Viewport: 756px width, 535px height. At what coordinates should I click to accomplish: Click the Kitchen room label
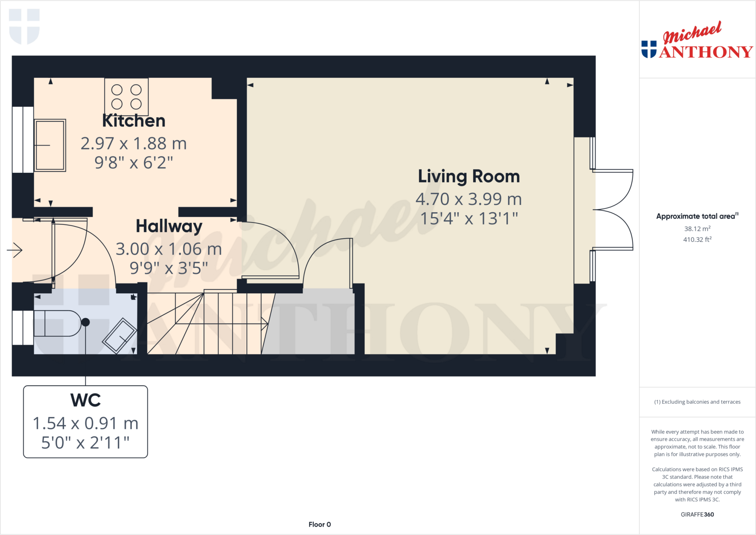134,121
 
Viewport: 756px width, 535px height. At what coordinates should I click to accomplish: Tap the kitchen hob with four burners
126,97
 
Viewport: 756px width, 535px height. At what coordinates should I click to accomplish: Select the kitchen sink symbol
50,145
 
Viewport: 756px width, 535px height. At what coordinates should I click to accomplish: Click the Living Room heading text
468,176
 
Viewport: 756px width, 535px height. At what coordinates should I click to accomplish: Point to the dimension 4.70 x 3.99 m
468,199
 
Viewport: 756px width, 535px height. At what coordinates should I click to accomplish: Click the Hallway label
169,226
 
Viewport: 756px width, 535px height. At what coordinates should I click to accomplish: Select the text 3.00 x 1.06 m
169,249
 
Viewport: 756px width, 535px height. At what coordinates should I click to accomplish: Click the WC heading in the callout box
86,400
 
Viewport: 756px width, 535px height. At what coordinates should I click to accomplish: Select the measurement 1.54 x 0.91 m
86,423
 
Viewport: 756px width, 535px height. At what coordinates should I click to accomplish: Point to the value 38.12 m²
697,229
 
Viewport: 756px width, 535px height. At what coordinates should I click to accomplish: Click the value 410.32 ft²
697,240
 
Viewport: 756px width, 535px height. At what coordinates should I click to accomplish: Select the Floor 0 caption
320,524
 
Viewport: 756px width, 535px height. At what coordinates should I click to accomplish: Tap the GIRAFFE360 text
697,514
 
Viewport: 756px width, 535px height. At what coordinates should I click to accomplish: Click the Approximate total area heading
696,216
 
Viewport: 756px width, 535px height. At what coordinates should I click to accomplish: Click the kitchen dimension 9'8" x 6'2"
134,163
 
